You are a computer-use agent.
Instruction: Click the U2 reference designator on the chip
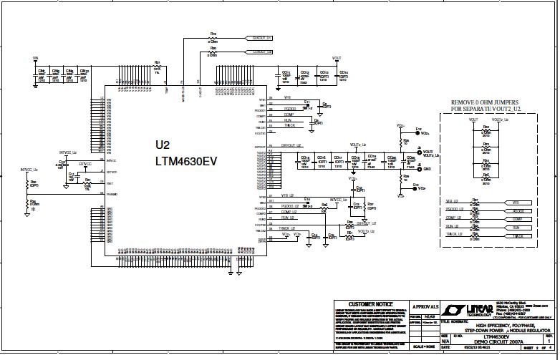click(x=163, y=144)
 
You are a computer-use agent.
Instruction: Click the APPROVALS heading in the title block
click(x=425, y=306)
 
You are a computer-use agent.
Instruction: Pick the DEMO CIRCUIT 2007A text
click(x=496, y=341)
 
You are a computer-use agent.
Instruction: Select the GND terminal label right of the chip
click(x=427, y=169)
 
